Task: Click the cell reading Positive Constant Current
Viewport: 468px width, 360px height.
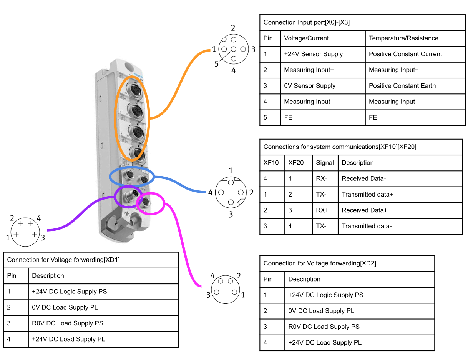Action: click(405, 54)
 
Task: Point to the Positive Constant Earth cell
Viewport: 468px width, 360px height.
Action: click(402, 86)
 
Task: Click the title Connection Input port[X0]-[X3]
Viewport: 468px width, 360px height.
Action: click(306, 23)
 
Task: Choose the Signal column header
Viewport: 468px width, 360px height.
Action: click(325, 163)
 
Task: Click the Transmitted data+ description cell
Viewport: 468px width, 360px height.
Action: click(367, 195)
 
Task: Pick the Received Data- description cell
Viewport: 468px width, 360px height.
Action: click(363, 178)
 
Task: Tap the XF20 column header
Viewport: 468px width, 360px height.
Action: click(296, 163)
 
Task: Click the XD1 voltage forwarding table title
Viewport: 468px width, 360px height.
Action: click(63, 260)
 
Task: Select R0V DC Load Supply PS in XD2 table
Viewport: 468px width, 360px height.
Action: click(324, 327)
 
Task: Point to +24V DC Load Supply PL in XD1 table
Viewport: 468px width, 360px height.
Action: click(68, 339)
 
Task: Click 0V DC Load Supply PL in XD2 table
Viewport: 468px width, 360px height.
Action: click(321, 311)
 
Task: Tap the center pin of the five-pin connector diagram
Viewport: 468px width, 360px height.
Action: click(233, 49)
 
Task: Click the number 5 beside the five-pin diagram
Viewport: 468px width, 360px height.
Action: click(216, 64)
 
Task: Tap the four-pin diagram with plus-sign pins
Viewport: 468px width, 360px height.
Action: click(25, 232)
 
